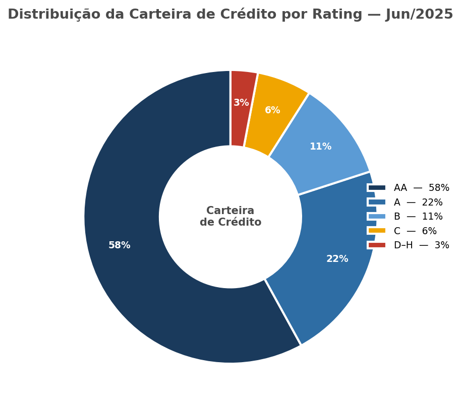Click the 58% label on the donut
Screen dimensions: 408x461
[120, 245]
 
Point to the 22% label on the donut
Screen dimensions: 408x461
[337, 259]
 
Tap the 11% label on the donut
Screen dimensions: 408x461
[320, 147]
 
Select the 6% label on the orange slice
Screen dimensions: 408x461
[272, 110]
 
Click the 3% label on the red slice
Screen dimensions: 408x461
[241, 103]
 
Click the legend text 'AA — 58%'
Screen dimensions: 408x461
[421, 188]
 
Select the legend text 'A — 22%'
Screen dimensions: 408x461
[418, 202]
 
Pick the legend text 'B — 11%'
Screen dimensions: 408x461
[418, 217]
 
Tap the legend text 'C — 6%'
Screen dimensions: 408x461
[415, 231]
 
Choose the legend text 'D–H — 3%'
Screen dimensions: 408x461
[421, 245]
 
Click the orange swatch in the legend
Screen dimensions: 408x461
[377, 231]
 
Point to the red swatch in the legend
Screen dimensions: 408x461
[377, 245]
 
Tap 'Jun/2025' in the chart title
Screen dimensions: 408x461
[419, 15]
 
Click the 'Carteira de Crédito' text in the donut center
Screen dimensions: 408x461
[231, 217]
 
